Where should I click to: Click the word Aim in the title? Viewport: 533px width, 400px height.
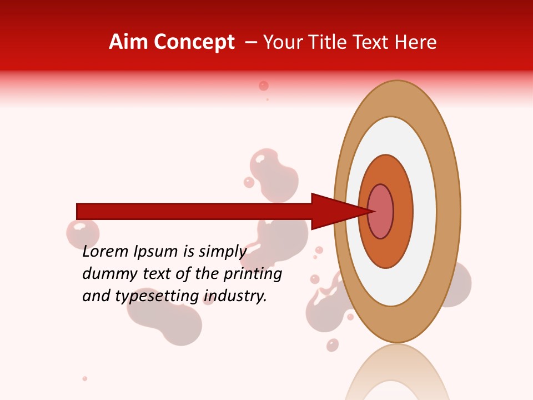click(x=128, y=42)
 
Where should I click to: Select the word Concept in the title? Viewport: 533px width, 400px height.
click(x=194, y=43)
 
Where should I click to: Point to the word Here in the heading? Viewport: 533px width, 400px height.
click(x=416, y=42)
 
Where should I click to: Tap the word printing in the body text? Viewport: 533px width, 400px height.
click(x=252, y=274)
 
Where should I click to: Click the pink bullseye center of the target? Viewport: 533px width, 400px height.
click(x=381, y=212)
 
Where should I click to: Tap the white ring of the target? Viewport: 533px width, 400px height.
click(x=425, y=212)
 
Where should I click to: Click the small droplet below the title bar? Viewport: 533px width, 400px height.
click(x=264, y=86)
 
